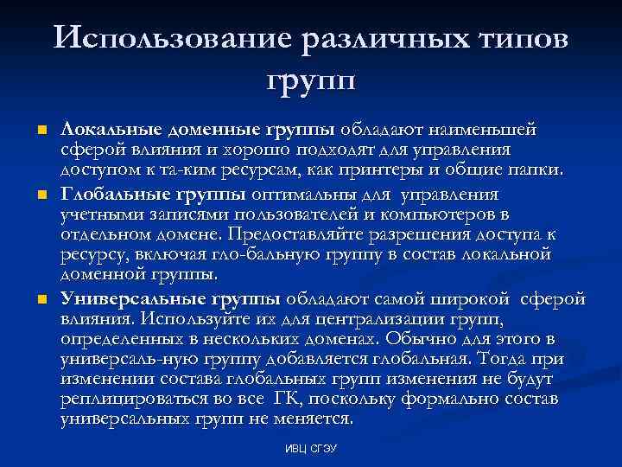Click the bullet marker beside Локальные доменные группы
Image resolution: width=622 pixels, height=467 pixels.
coord(40,131)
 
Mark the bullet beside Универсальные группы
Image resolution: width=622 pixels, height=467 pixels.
coord(40,299)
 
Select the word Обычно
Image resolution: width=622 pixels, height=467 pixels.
coord(422,337)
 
